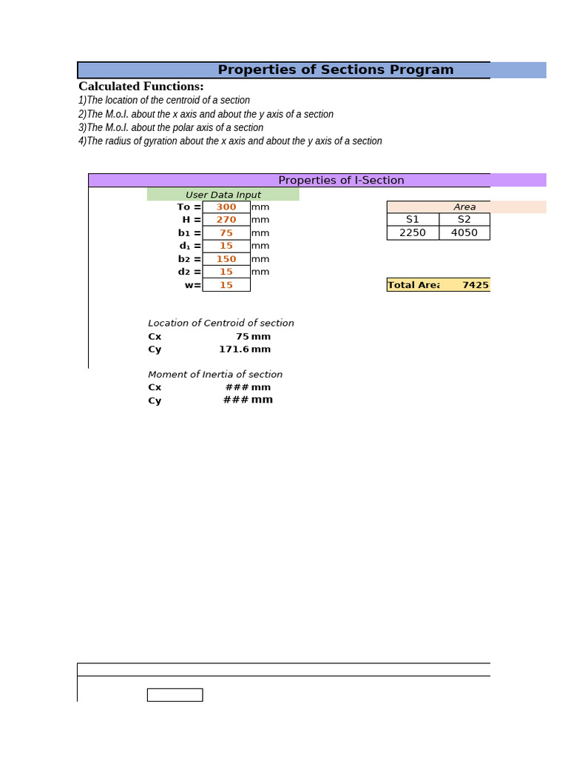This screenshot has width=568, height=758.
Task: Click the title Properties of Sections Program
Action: point(335,70)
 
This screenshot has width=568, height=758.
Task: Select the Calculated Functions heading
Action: point(141,86)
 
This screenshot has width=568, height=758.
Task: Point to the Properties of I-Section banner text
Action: point(341,180)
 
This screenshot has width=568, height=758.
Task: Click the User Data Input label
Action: point(223,195)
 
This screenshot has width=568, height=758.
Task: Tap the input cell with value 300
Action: point(226,207)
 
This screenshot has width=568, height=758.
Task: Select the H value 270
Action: point(226,220)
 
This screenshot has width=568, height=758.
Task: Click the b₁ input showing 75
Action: point(226,233)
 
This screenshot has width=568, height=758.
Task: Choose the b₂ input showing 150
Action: point(226,259)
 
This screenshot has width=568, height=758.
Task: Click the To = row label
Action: point(189,207)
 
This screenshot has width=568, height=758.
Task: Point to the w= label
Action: point(192,285)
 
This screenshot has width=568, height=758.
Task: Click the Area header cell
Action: point(464,207)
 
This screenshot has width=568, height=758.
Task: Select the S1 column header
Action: point(413,220)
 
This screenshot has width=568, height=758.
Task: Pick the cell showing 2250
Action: point(413,232)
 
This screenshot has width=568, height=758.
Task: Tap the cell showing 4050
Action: point(464,232)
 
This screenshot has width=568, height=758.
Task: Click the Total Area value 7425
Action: point(476,285)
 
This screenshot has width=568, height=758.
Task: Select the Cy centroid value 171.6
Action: point(234,349)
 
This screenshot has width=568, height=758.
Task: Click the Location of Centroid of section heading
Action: point(220,323)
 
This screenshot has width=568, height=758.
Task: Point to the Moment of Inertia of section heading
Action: point(214,375)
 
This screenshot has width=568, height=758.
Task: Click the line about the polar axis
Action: point(171,127)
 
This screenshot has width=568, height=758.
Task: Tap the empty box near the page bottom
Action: point(175,695)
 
